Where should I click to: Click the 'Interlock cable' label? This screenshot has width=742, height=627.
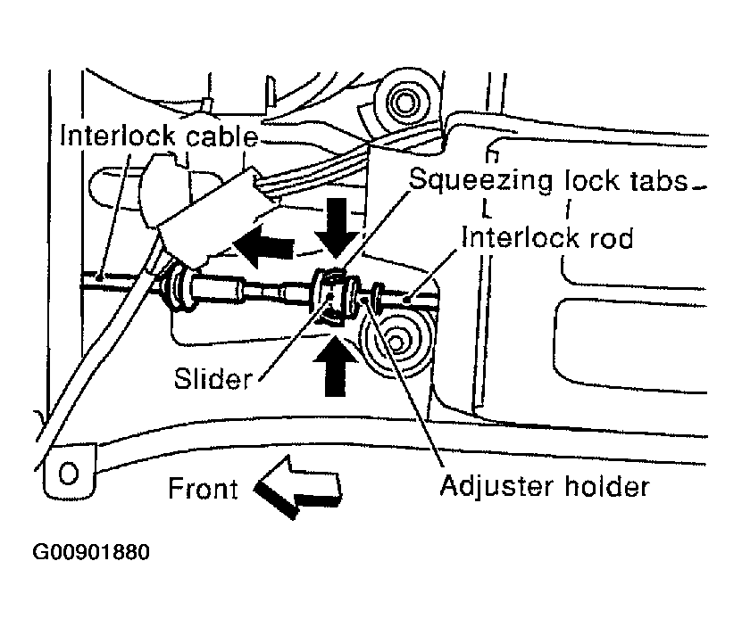[159, 137]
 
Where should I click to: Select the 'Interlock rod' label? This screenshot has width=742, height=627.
[547, 238]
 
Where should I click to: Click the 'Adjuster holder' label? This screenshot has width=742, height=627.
[545, 487]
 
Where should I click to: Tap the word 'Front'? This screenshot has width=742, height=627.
[203, 489]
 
